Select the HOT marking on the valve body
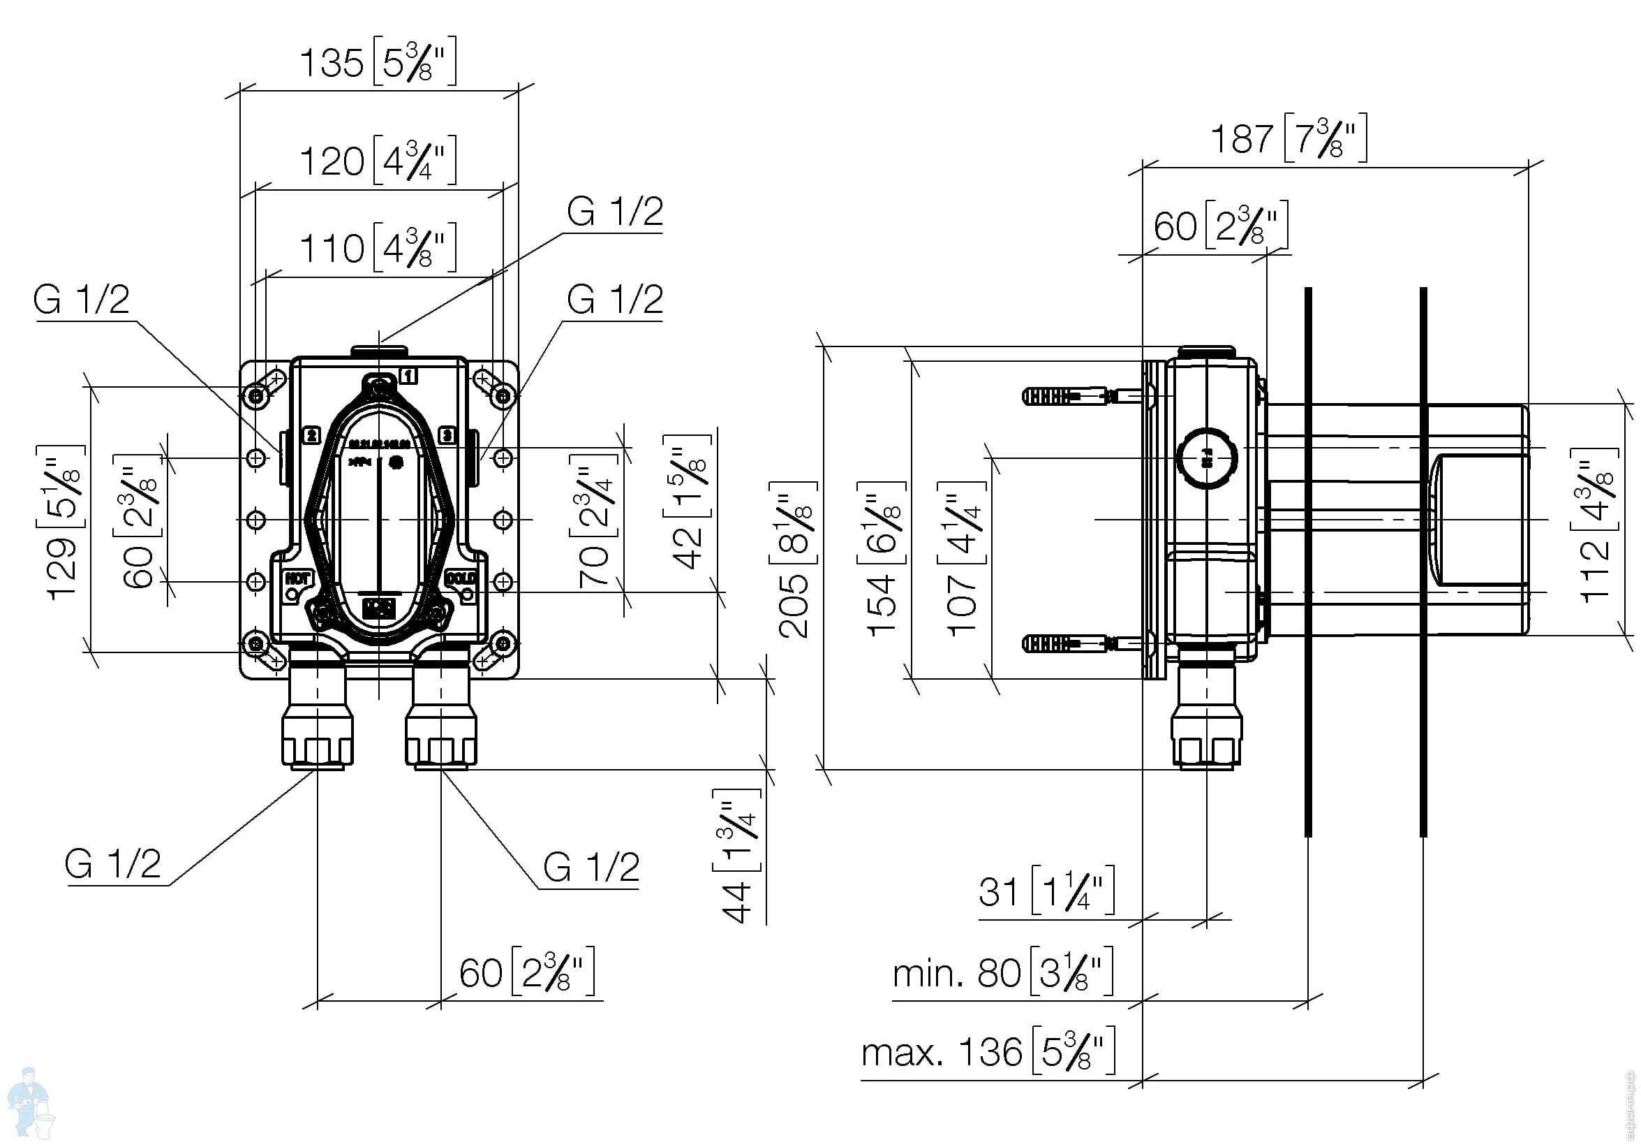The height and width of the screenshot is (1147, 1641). [296, 578]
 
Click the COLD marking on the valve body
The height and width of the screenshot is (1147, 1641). [461, 577]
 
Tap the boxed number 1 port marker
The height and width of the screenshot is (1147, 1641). [408, 374]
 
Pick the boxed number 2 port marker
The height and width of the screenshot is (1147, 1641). [311, 434]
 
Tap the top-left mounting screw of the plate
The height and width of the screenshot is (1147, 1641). [257, 395]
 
